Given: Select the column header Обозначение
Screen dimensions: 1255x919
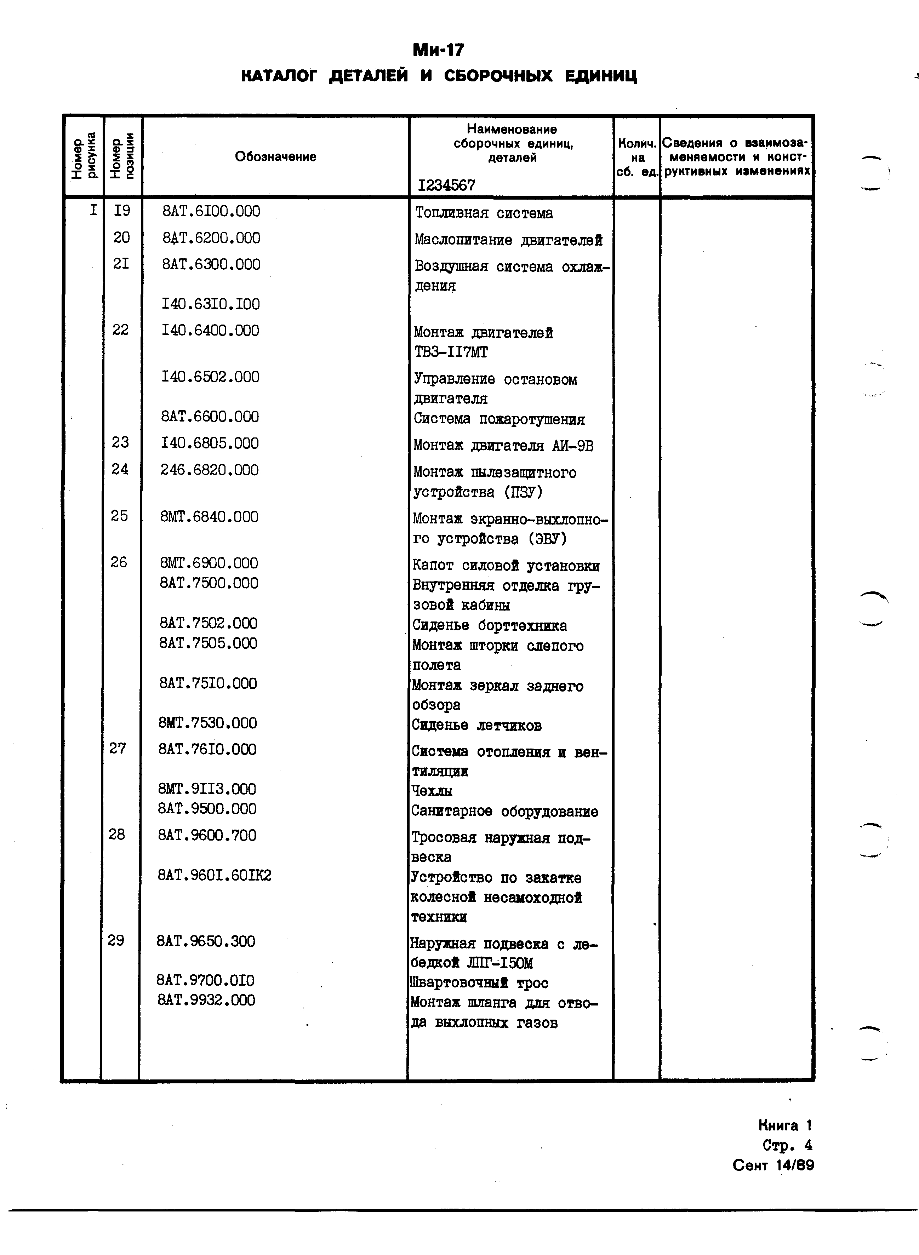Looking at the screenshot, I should click(x=275, y=157).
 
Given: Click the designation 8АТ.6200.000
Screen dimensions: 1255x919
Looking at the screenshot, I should click(x=211, y=238).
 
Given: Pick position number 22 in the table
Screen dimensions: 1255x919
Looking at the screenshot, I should click(x=120, y=330).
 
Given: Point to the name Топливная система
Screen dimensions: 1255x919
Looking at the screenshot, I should click(x=484, y=213).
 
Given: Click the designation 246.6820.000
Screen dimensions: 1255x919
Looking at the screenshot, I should click(x=209, y=470).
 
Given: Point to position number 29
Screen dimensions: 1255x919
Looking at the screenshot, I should click(x=116, y=941).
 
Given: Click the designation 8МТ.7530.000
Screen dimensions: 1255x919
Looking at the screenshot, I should click(x=207, y=723).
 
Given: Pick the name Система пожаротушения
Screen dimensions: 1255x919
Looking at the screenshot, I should click(x=499, y=419).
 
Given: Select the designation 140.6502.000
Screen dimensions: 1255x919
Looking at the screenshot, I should click(x=210, y=377).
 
